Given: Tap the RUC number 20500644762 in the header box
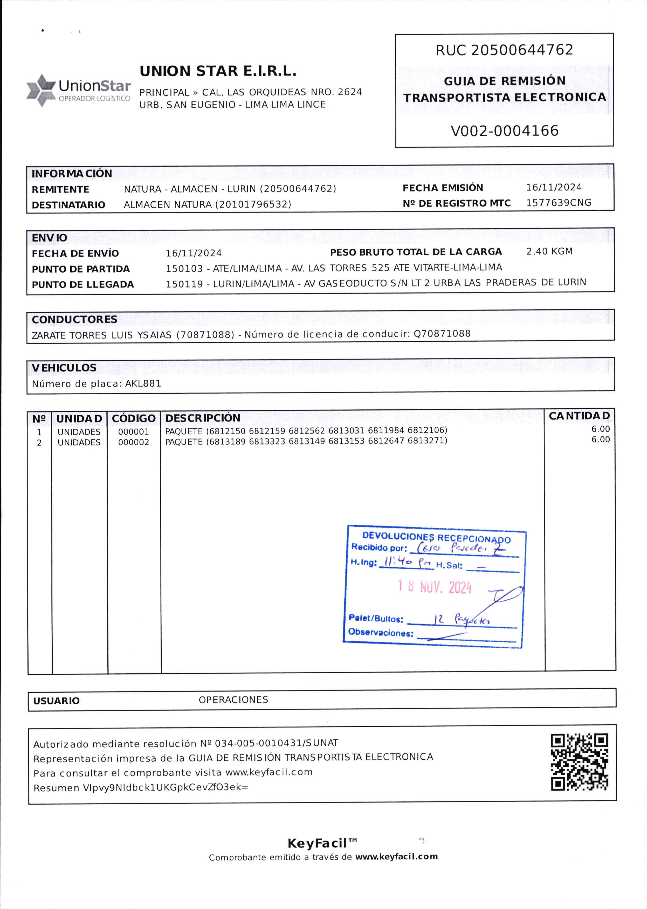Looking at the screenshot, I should (x=522, y=50).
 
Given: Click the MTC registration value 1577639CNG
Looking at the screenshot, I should (x=559, y=203).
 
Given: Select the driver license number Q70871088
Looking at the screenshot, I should (x=442, y=334).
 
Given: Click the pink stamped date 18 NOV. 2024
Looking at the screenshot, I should (x=435, y=587).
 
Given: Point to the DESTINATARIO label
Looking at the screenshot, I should (x=68, y=205).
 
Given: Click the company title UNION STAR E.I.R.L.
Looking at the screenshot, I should (x=218, y=72).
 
